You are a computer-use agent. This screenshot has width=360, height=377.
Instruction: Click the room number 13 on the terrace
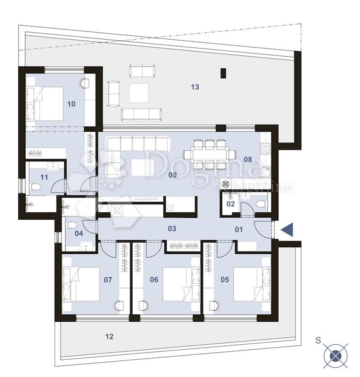[195, 87]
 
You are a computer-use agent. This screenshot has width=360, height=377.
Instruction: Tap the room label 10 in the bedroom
[71, 104]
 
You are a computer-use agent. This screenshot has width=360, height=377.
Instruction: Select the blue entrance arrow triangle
[287, 230]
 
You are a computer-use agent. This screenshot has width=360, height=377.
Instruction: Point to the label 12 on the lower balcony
[109, 336]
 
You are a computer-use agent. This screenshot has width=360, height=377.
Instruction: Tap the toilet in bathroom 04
[72, 225]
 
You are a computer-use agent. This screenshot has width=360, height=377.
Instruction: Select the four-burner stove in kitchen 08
[265, 149]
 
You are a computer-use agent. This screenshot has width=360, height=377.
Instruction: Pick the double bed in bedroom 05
[252, 284]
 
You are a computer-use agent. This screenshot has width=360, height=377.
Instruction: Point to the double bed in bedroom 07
[81, 284]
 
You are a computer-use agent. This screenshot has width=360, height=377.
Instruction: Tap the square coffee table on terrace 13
[139, 93]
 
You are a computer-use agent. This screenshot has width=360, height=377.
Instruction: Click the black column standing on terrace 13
[223, 74]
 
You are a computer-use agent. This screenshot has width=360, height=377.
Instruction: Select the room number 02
[230, 204]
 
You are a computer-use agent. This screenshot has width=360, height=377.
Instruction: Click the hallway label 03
[172, 229]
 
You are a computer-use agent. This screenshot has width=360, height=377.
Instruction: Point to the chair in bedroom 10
[84, 83]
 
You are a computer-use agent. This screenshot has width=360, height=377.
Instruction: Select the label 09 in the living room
[172, 175]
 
